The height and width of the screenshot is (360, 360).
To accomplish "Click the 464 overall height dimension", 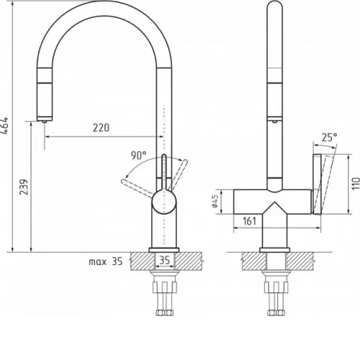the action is [5, 125].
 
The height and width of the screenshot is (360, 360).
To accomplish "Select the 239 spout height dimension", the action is [24, 186].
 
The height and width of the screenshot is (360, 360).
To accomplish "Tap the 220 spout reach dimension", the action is [101, 127].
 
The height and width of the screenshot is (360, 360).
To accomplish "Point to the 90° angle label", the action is [138, 156].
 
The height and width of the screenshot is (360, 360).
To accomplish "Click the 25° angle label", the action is [329, 138].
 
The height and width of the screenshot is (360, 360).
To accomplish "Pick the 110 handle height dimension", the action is [356, 184].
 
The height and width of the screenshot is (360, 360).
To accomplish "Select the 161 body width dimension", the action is [250, 221].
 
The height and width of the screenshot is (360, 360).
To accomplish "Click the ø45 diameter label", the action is [215, 201].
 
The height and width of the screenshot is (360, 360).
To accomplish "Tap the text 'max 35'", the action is [106, 261].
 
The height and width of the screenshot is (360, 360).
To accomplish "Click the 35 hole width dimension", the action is [165, 260].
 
